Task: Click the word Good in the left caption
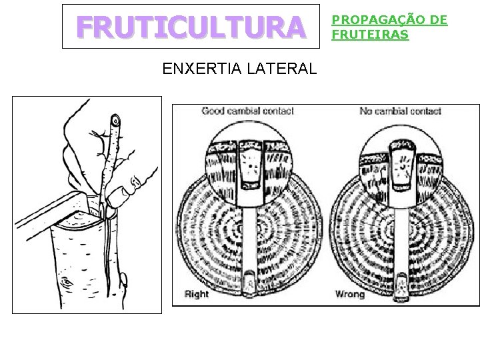point(214,111)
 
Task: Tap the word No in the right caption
point(366,111)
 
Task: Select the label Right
point(196,294)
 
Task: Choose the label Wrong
point(349,294)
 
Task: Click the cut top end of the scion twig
point(117,121)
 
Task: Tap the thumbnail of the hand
point(138,181)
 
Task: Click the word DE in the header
point(437,20)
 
